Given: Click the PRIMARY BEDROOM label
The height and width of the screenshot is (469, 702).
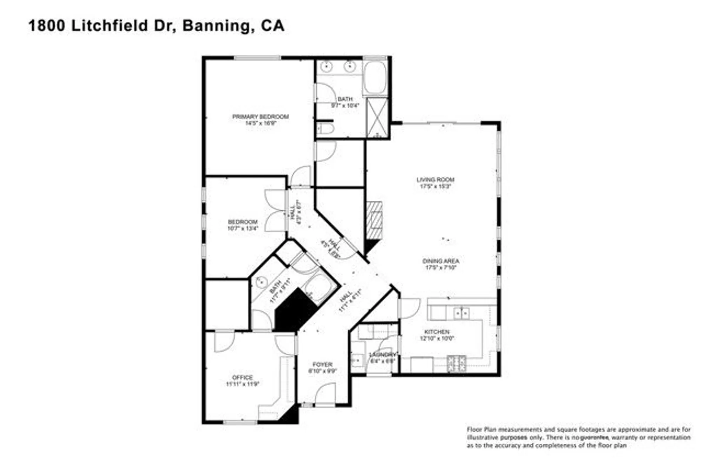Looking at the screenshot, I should [260, 116].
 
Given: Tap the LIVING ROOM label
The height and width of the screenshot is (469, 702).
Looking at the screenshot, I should [435, 180].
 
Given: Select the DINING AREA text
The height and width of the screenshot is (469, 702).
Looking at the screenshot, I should [441, 261].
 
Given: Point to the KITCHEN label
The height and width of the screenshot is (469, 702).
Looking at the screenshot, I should [437, 332].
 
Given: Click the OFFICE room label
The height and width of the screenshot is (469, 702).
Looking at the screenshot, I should [242, 378].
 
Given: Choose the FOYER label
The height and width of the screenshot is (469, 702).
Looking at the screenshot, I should [322, 365].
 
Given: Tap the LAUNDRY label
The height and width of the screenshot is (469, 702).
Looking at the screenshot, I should [382, 354].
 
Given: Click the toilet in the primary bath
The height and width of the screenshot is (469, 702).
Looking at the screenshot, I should [326, 129].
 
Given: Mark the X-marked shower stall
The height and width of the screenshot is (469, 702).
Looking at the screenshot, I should [377, 117].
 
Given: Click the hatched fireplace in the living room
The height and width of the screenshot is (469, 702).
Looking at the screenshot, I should [375, 220].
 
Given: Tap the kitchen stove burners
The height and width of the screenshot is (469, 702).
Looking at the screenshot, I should [457, 364].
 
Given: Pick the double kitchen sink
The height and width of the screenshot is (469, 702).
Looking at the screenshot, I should [462, 313].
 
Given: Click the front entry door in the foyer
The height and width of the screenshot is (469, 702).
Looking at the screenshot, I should [325, 396].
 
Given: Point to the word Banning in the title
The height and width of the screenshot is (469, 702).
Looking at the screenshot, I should [216, 26].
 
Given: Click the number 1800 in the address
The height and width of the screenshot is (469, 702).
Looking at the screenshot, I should [46, 26].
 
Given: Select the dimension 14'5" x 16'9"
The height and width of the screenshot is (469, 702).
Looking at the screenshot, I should [260, 123].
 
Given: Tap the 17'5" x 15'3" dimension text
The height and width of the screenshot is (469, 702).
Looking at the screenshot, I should [435, 187].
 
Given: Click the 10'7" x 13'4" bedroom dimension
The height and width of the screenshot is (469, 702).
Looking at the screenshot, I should [243, 229].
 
